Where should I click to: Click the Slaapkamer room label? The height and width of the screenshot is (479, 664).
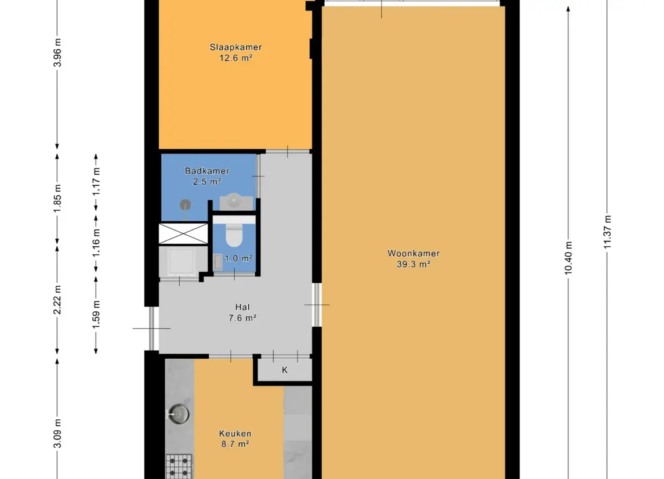point(235,47)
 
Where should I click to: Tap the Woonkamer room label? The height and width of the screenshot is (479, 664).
point(413,253)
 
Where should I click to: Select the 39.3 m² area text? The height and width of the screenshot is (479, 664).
point(413,264)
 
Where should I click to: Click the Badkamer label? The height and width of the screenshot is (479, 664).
point(207,171)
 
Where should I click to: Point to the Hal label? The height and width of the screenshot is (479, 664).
point(243,307)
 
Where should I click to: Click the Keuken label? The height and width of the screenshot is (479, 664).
point(235,433)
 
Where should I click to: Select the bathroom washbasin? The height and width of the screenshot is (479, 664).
point(235,201)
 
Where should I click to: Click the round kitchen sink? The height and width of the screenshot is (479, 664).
point(179,414)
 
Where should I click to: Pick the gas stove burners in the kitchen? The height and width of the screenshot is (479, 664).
point(179,466)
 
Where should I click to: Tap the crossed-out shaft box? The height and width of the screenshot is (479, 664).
point(183,233)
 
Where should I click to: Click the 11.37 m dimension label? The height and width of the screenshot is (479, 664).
point(607,232)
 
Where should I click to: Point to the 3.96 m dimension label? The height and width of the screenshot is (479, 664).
point(57,53)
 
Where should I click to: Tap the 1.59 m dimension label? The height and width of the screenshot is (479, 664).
point(96,311)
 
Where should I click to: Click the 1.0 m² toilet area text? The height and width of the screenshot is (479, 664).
point(238,258)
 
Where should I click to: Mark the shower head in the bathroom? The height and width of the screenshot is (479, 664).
point(185,204)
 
